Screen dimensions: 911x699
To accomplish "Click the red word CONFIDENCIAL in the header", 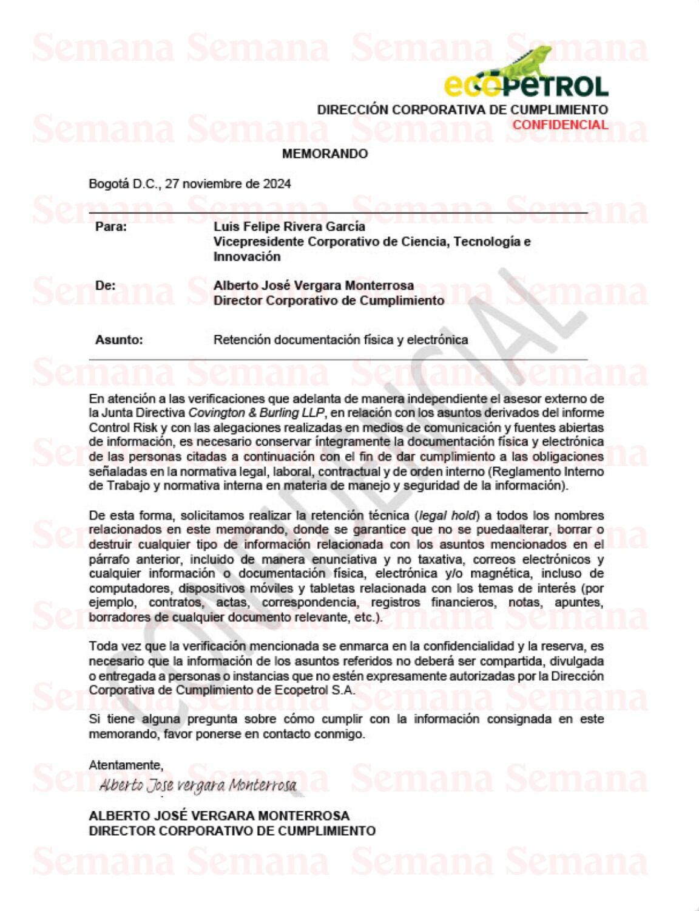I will (560, 125).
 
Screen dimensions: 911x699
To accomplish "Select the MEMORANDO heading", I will (325, 154).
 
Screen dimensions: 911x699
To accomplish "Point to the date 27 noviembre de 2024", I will (228, 184).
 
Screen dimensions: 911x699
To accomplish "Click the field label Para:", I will (111, 227).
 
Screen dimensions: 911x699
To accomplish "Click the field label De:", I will (105, 285).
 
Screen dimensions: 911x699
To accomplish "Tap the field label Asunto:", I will (119, 340).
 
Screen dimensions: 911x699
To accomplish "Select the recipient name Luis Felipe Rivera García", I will (289, 227).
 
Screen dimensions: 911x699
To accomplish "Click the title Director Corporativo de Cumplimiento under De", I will (328, 301).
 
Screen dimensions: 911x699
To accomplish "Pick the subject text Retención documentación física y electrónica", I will (340, 340).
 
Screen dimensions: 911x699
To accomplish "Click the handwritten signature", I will (198, 785).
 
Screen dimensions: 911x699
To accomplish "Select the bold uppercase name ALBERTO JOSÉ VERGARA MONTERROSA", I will (219, 816).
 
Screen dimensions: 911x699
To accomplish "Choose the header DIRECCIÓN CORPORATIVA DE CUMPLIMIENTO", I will (462, 110).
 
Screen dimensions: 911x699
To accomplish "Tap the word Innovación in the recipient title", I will (246, 256).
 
